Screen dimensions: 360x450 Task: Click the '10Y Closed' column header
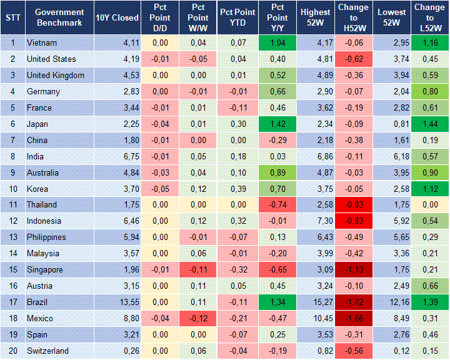[x=117, y=17]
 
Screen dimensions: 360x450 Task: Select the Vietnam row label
[x=42, y=43]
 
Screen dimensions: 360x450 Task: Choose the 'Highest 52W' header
[x=315, y=17]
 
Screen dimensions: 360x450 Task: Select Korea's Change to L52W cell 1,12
[x=429, y=189]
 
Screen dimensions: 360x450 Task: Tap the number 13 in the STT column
[x=12, y=237]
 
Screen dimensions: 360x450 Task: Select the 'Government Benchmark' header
[x=59, y=17]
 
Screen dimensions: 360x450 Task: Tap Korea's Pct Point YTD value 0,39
[x=238, y=189]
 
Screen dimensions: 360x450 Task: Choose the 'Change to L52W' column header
[x=429, y=17]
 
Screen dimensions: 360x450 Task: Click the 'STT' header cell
[x=12, y=17]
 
